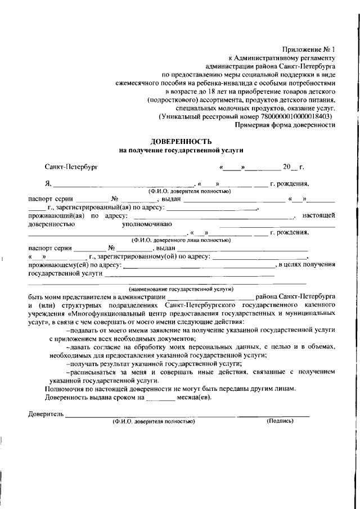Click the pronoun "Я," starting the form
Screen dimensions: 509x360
48,183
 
